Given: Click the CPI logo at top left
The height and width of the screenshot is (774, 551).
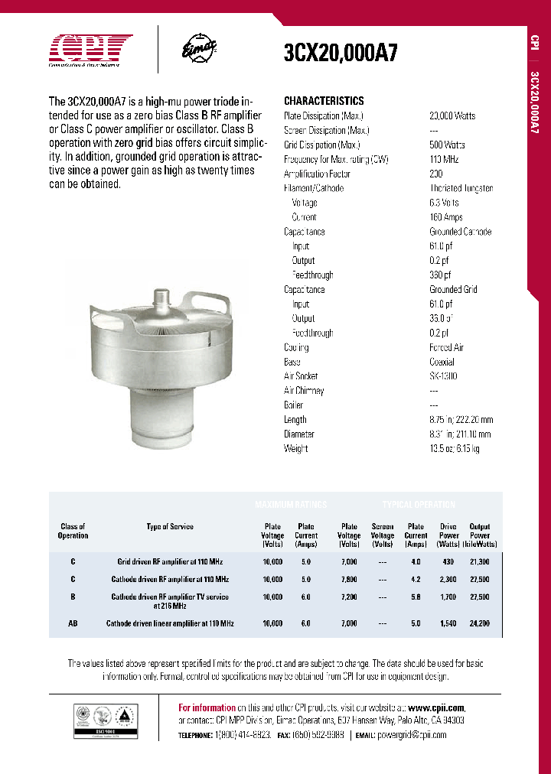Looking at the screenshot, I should coord(90,50).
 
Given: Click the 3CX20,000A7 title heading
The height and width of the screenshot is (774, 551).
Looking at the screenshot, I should coord(341,53).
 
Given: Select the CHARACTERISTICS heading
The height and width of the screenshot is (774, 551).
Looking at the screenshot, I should coord(324,101).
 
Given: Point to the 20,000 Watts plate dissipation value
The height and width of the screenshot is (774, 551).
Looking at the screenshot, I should coord(452,115).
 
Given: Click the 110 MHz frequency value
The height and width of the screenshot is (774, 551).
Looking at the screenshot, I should coord(443,159).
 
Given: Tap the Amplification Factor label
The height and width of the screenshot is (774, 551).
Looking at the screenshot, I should coord(317,174).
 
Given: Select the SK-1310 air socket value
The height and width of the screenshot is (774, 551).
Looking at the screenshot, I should coord(444,376).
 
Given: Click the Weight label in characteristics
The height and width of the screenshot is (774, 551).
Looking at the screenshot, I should coord(296,449).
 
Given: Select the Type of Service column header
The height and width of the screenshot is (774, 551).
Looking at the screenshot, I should coord(170,526).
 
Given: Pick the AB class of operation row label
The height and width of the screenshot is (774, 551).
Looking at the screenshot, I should coord(73,624).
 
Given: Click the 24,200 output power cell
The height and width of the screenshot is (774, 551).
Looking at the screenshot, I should coord(480,624).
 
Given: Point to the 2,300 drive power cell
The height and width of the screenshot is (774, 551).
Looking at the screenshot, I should coord(449,580).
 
